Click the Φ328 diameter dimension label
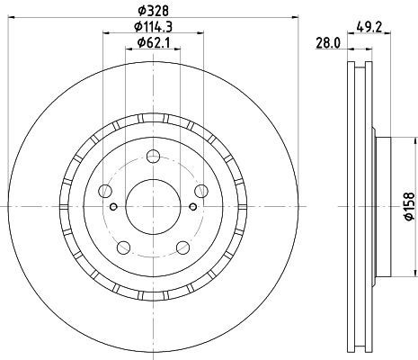click(153, 11)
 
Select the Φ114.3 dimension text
click(153, 27)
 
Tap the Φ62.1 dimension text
click(154, 42)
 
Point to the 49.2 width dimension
click(369, 28)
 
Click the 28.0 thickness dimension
click(328, 44)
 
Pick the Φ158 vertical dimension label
click(410, 207)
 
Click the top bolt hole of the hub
click(153, 157)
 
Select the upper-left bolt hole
click(105, 191)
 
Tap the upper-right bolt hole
click(201, 191)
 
